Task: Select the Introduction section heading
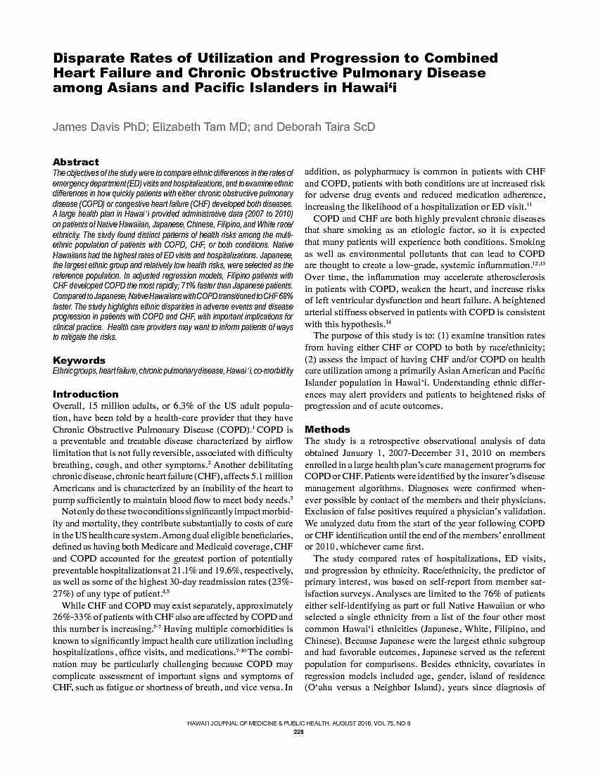click(x=86, y=394)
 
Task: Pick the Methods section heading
click(x=327, y=429)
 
